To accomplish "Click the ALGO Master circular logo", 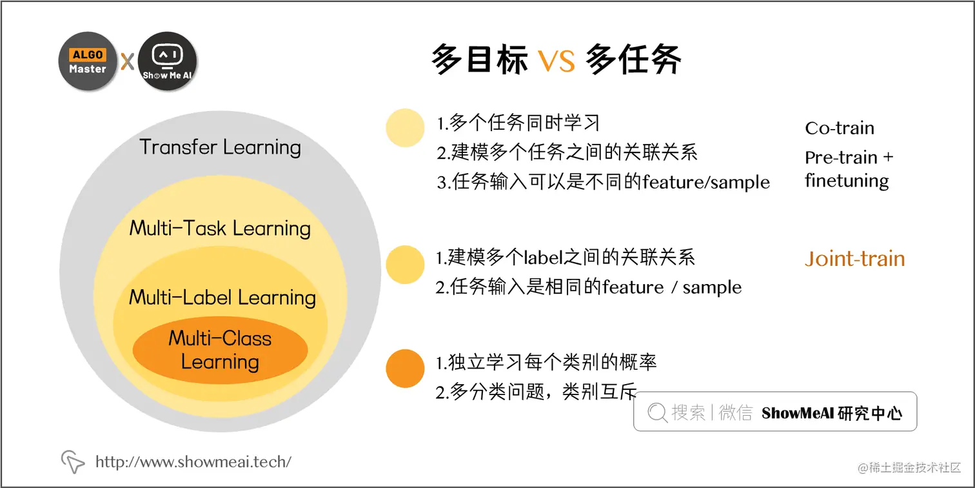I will pos(88,61).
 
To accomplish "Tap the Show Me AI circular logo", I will pos(168,61).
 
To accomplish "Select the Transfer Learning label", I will pos(221,147).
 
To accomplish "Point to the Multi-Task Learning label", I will pos(220,228).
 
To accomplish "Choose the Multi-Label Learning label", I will pos(222,298).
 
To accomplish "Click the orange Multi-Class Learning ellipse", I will pos(220,350).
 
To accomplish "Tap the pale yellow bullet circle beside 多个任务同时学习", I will pos(405,127).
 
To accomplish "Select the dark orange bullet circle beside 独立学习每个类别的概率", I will pos(405,369).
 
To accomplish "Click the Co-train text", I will pos(840,128).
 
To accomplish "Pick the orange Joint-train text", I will pos(855,259).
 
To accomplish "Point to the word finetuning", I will pos(847,180).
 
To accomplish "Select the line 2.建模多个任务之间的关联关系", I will pos(567,152).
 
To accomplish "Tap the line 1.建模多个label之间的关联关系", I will pos(566,258).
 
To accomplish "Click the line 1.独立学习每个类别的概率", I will pos(546,363).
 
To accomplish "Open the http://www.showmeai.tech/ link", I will pos(193,462).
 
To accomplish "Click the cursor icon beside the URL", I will pos(73,462).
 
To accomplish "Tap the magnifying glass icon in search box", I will pos(657,412).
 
